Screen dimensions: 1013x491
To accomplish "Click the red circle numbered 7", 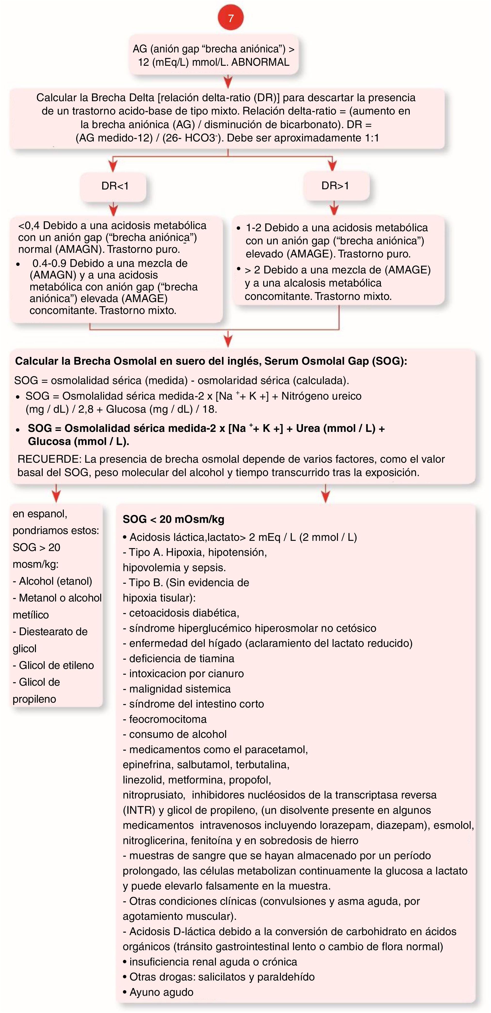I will click(x=230, y=18).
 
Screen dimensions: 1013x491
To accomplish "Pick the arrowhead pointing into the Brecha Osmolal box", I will click(x=228, y=341).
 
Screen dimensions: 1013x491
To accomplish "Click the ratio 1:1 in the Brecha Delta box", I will click(x=369, y=138).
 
